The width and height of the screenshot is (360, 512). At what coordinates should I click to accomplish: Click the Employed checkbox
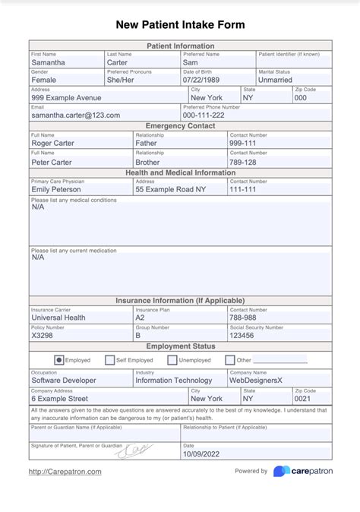click(59, 360)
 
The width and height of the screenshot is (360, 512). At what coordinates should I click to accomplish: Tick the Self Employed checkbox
click(110, 360)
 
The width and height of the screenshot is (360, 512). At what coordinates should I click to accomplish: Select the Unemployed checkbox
click(172, 360)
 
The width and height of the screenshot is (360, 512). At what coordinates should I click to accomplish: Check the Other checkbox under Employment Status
click(230, 360)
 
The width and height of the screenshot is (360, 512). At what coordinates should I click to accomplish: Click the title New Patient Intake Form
click(180, 24)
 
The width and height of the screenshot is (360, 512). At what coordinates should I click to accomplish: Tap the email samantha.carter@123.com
click(75, 115)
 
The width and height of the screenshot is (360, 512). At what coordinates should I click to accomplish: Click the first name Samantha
click(48, 62)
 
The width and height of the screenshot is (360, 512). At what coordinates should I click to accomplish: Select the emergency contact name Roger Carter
click(52, 142)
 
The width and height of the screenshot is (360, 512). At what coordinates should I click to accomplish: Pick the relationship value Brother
click(147, 162)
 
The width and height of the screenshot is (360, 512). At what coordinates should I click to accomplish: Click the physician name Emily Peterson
click(56, 189)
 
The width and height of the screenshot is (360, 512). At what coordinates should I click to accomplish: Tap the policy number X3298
click(43, 335)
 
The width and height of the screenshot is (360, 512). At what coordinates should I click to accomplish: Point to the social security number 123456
click(242, 335)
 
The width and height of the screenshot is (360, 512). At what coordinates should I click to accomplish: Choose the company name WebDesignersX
click(255, 380)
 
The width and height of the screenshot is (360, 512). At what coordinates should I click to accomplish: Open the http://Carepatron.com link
click(65, 472)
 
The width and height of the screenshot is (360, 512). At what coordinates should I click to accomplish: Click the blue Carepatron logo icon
click(281, 472)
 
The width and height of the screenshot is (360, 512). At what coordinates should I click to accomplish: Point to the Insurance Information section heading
click(180, 301)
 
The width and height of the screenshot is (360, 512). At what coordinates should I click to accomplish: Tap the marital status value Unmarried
click(276, 80)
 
